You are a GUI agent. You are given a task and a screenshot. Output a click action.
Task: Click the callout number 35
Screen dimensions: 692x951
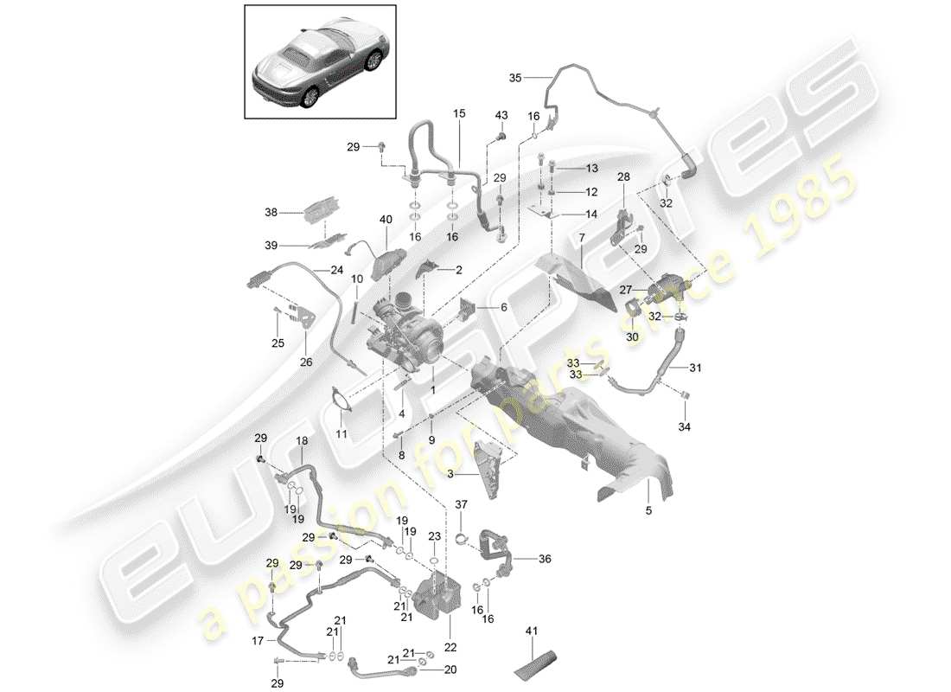(x=515, y=78)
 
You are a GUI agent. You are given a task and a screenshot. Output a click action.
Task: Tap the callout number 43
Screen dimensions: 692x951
(x=501, y=116)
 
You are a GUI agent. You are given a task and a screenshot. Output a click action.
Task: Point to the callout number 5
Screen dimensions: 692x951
(x=648, y=510)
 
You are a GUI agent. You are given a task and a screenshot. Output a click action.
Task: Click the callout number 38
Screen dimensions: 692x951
(x=271, y=212)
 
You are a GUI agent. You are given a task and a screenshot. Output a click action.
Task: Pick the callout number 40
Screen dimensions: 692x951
(x=386, y=221)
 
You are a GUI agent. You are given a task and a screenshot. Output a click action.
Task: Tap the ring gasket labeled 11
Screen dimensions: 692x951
(x=340, y=405)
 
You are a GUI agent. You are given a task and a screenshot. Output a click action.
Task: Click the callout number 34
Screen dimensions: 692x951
(x=685, y=426)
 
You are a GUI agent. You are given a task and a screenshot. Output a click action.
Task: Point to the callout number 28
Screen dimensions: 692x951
(x=623, y=177)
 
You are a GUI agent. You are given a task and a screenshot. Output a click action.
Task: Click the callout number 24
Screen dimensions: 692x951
(x=336, y=270)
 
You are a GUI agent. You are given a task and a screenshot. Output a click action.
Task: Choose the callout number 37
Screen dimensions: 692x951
(x=461, y=505)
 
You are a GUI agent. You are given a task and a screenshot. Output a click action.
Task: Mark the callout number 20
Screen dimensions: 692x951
(x=450, y=669)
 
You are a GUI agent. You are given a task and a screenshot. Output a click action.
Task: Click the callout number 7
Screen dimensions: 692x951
(x=582, y=237)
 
